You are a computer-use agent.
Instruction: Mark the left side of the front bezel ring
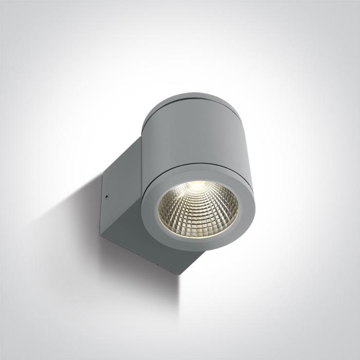(149, 208)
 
